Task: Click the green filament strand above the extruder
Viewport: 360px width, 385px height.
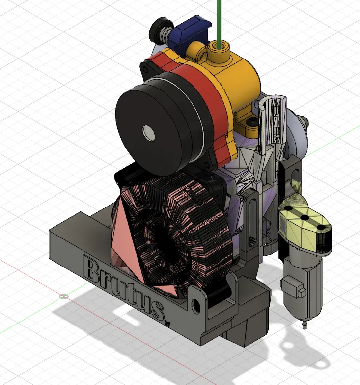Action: pyautogui.click(x=217, y=20)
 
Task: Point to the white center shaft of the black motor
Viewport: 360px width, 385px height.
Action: pyautogui.click(x=147, y=131)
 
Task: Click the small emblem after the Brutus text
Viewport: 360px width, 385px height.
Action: pyautogui.click(x=166, y=323)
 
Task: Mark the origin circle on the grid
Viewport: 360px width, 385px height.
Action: pyautogui.click(x=63, y=296)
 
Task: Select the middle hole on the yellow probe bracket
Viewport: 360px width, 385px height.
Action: pyautogui.click(x=305, y=218)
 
